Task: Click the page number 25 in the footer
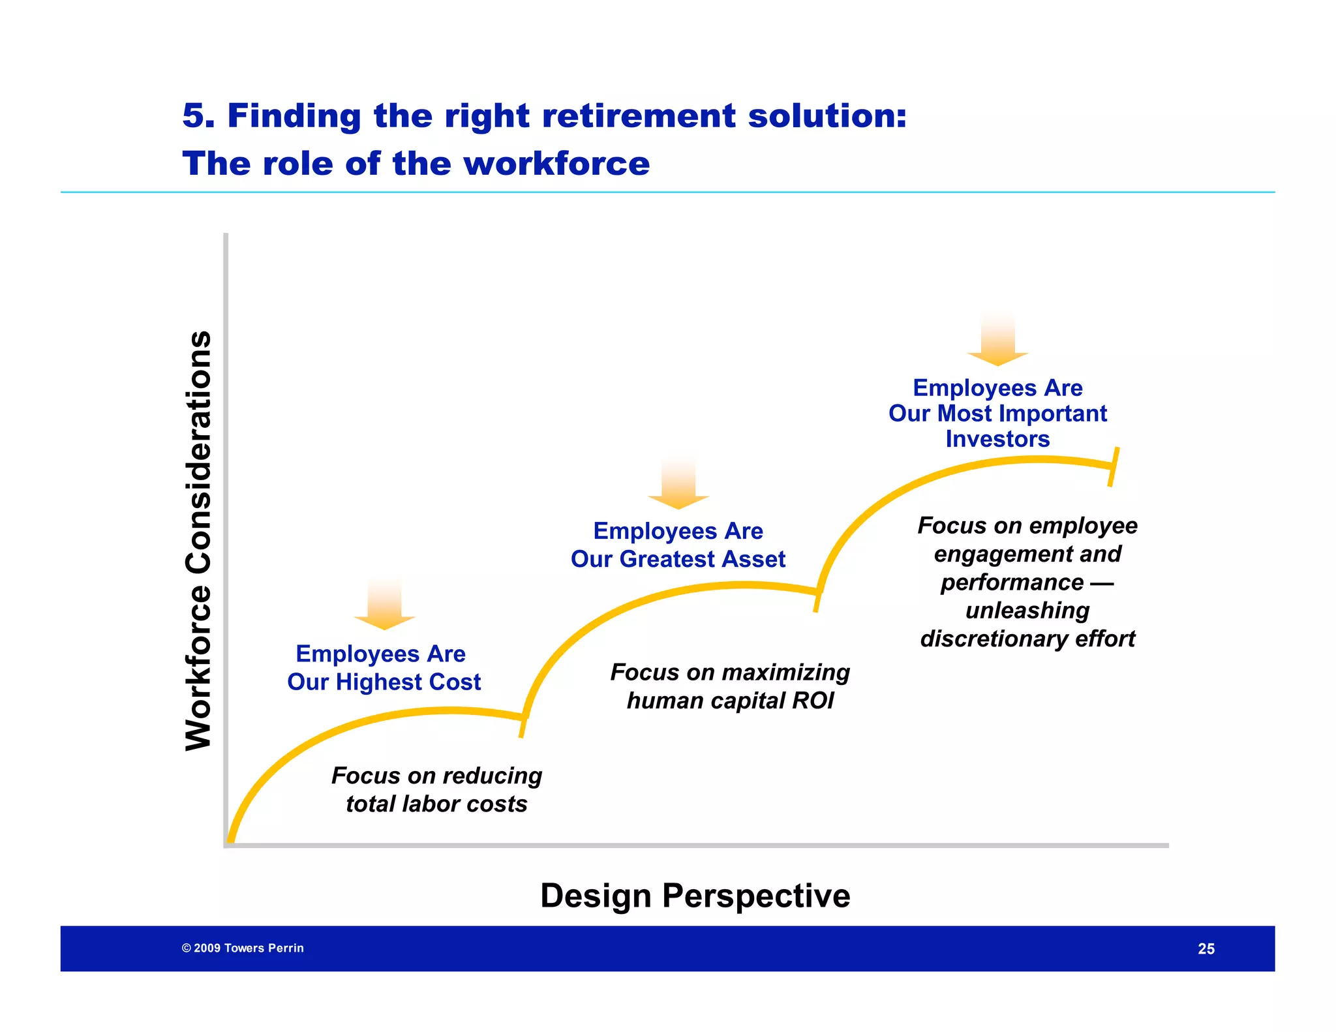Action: coord(1206,949)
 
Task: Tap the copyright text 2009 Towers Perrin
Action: coord(243,948)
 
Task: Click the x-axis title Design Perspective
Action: coord(695,896)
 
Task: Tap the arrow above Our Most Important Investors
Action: coord(997,341)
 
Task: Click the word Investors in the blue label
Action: coord(997,439)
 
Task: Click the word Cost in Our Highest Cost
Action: coord(455,682)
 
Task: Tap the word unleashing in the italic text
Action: coord(1027,611)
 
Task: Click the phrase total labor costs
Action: coord(436,804)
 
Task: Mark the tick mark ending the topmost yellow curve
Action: coord(1113,466)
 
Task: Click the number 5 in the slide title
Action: coord(194,115)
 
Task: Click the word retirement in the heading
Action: coord(639,115)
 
